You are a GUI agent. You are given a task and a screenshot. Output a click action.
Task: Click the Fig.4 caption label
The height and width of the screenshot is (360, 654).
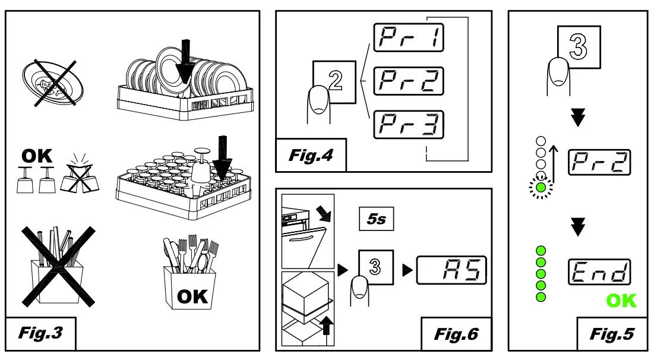[x=311, y=157]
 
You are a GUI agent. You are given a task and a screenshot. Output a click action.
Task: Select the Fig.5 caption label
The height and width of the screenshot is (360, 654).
[x=611, y=334]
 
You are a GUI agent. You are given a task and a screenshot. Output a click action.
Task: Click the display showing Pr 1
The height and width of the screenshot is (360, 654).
[x=408, y=39]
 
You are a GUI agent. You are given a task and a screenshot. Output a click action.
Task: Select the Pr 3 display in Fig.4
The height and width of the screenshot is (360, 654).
[x=408, y=126]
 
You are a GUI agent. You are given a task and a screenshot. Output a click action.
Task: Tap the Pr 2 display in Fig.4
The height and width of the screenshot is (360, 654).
[x=408, y=82]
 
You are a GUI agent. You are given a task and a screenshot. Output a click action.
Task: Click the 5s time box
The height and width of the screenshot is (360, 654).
[x=376, y=219]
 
